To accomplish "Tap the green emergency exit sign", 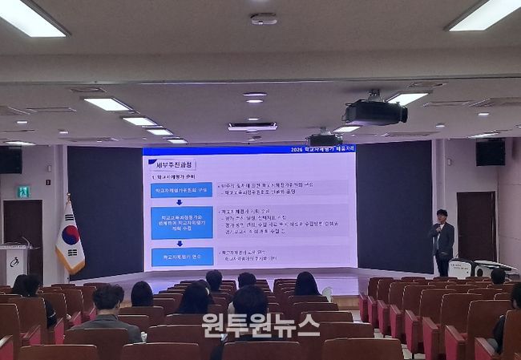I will [x=24, y=192].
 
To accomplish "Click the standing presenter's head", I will [x=442, y=216].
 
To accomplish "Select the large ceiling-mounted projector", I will [x=374, y=111].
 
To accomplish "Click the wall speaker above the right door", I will [x=490, y=152].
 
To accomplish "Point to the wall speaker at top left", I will [x=10, y=160].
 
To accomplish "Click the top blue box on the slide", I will [x=181, y=190].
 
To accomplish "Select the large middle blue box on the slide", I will [x=181, y=222].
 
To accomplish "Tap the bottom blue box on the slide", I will [x=181, y=257].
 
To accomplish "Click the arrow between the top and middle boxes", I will [x=180, y=202].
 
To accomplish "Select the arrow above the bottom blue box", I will [x=180, y=243].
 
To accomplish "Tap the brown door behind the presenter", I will [x=476, y=226].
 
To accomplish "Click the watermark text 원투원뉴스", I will [x=260, y=325].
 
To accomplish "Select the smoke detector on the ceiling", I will [x=264, y=18].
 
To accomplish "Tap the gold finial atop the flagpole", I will [x=68, y=196].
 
